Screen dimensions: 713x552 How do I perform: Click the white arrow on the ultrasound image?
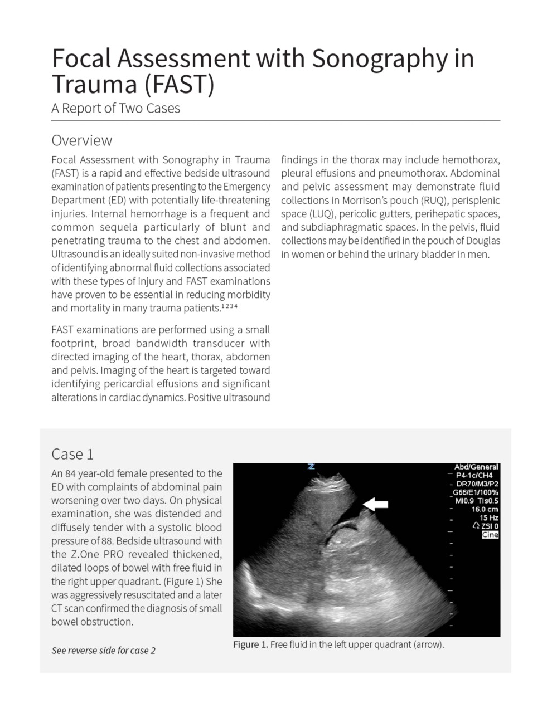point(376,504)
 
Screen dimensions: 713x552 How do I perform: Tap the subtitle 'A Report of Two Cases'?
point(115,108)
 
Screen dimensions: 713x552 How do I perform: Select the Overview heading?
point(81,140)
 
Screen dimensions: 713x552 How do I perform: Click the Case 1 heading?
point(72,454)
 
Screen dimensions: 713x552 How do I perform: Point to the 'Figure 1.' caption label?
point(250,644)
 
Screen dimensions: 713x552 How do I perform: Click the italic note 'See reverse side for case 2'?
point(103,650)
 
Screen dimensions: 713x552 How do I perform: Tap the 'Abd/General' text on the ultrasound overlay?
point(476,467)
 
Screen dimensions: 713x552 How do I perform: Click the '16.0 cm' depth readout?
point(485,509)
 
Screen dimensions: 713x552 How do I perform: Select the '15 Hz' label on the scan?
point(488,517)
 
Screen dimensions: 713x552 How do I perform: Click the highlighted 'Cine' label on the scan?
point(490,535)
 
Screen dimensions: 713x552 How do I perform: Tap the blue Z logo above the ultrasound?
point(311,466)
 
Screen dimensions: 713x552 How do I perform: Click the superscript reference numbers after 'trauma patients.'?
point(230,306)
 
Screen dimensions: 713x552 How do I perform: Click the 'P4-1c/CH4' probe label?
point(474,476)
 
